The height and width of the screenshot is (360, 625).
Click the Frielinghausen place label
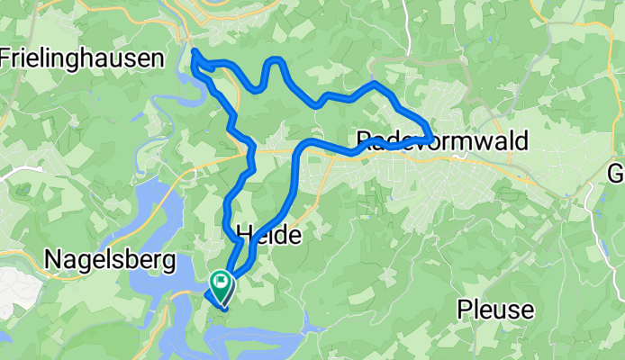[x=82, y=59]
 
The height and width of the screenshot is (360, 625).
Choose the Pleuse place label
[x=494, y=310]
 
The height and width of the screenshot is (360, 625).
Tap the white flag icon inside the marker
[x=220, y=283]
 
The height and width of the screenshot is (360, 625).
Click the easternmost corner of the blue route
[x=432, y=136]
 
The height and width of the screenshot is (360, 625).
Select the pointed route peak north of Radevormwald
[x=374, y=83]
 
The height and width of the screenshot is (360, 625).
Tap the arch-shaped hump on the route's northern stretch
[x=275, y=61]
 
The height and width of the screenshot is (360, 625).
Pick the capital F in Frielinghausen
[x=6, y=59]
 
